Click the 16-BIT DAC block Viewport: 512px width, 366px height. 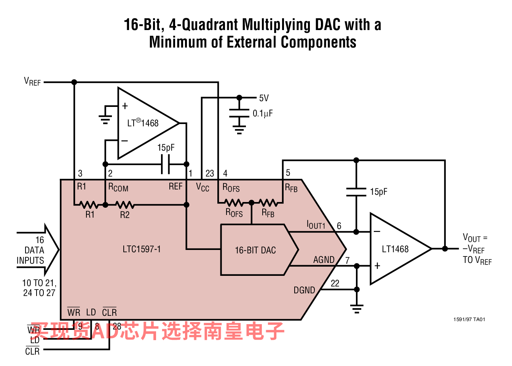(255, 250)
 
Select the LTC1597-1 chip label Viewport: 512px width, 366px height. (142, 249)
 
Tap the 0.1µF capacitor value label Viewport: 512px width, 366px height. (263, 113)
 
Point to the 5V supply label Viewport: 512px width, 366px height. (264, 98)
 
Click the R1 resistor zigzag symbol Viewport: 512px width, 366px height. (89, 205)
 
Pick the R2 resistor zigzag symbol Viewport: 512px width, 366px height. (124, 205)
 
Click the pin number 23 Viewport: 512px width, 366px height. (210, 173)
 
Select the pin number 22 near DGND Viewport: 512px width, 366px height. (335, 283)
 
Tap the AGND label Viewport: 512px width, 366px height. (324, 260)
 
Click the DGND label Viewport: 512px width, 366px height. (304, 290)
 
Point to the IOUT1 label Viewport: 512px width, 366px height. (316, 225)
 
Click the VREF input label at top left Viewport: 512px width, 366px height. (32, 82)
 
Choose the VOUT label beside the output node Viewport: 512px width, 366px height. (474, 238)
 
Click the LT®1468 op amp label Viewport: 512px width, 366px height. (143, 123)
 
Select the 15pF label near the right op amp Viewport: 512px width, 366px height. (378, 192)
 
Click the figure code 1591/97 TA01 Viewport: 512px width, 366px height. (469, 320)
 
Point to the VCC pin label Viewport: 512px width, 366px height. (203, 187)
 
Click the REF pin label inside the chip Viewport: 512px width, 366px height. (175, 186)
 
